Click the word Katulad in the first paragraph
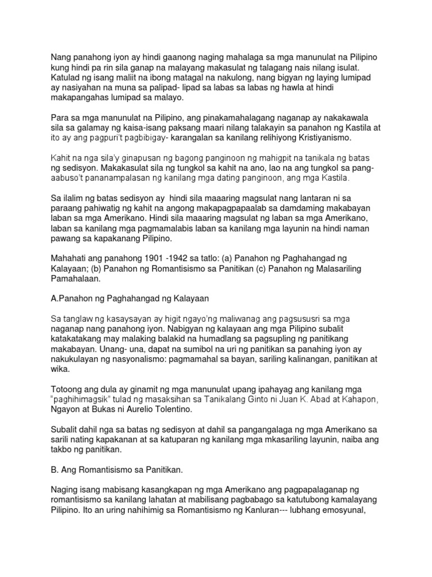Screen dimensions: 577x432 point(66,77)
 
